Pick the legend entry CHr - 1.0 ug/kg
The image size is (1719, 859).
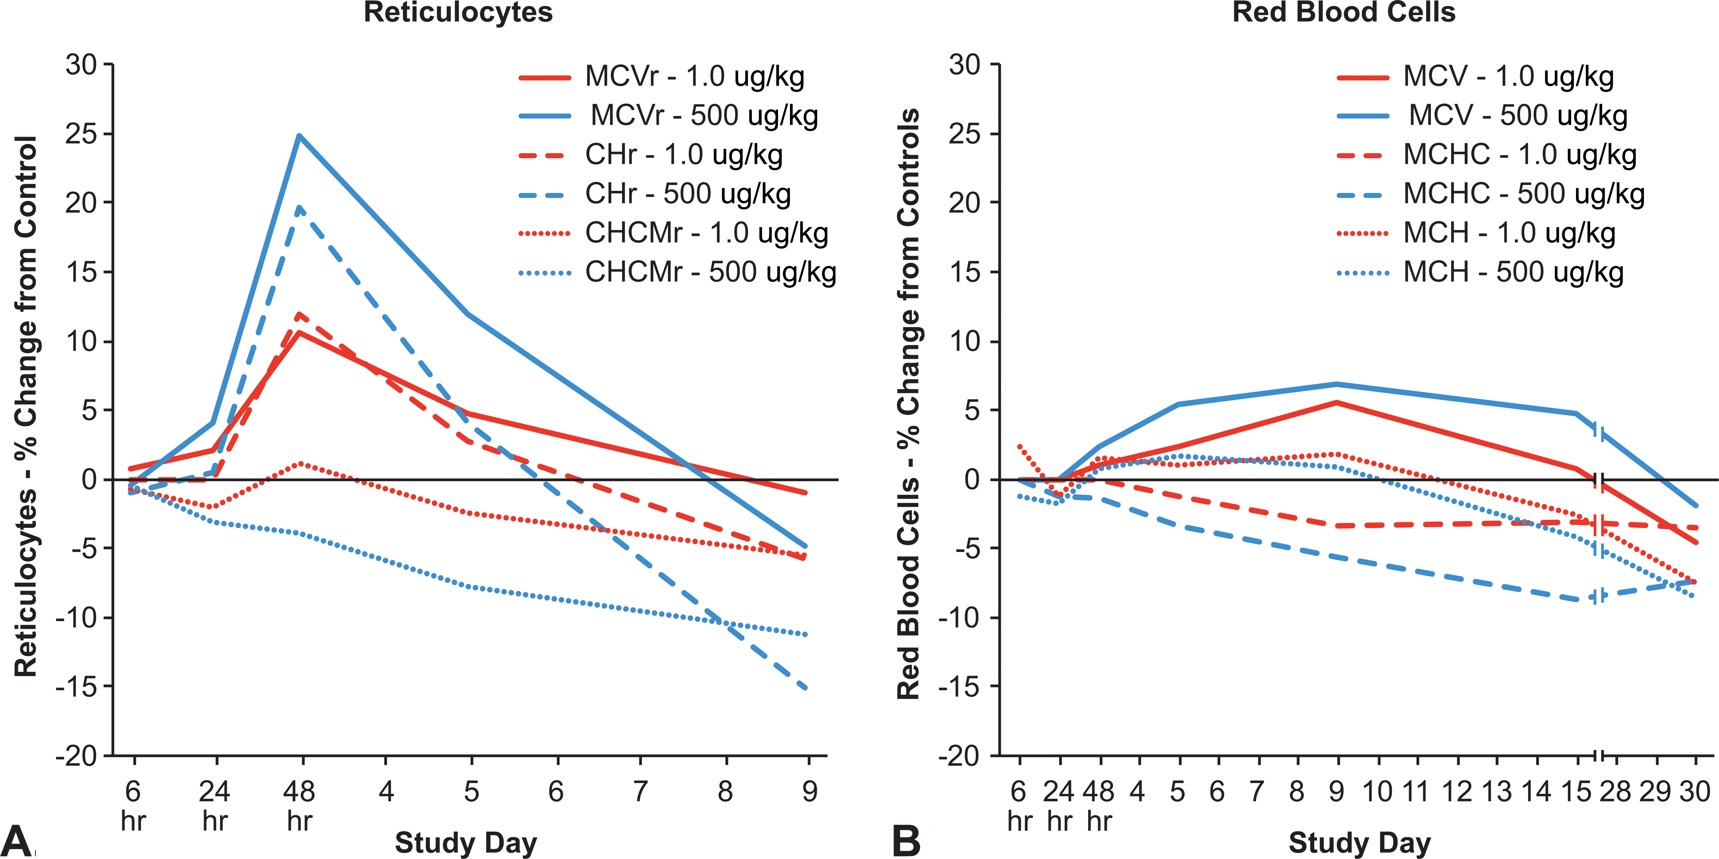click(651, 155)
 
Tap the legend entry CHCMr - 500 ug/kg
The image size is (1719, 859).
click(677, 272)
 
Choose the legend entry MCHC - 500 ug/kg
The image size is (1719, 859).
click(1491, 193)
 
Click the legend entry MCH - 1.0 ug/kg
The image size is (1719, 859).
click(1476, 233)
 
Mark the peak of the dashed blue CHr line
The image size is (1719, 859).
click(300, 207)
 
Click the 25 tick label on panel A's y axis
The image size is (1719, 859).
click(81, 134)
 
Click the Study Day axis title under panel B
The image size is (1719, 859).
click(1359, 843)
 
